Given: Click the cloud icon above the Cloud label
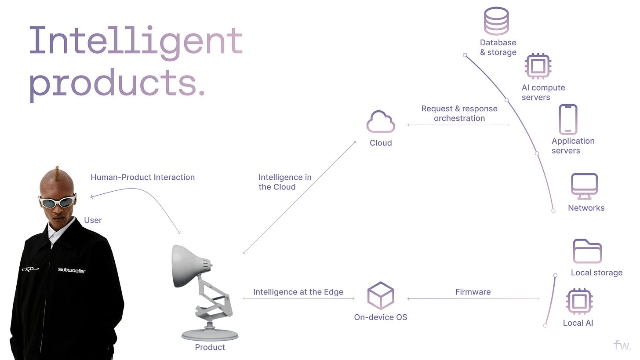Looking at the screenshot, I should [381, 122].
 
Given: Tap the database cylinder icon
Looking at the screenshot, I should [496, 21].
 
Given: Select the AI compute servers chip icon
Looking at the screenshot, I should [538, 66].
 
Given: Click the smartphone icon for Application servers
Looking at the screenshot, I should [568, 119].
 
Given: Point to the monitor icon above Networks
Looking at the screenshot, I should [584, 186].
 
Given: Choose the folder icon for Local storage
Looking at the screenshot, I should [587, 251].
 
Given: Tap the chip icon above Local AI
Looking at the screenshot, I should [579, 302].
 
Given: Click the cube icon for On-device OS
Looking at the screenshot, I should [381, 295].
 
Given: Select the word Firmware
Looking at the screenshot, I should [473, 292].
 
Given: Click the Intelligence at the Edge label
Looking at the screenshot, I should [298, 292].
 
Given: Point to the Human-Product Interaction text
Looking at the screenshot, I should [142, 177].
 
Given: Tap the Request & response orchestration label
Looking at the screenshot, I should [459, 113].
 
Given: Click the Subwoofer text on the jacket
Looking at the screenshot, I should [72, 270].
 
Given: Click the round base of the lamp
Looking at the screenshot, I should [210, 335].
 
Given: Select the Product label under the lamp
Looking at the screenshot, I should [210, 347].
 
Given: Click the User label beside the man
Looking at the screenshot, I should [93, 220].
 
